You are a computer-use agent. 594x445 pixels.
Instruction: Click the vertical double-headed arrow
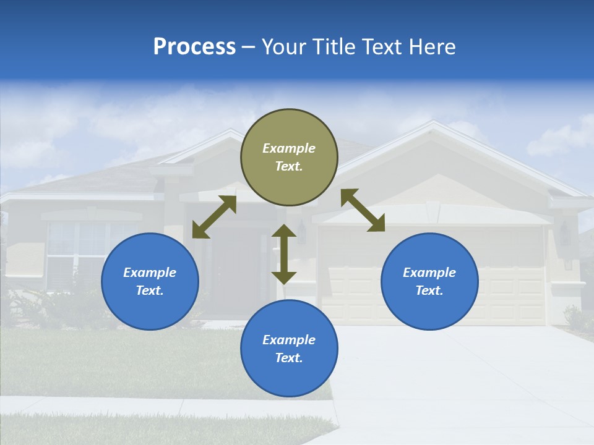point(284,254)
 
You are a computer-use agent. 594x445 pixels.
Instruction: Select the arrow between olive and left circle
point(214,217)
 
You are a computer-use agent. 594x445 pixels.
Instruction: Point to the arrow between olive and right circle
point(363,210)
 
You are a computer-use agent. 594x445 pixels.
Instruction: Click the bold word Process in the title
point(194,47)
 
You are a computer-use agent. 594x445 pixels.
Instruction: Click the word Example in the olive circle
point(289,148)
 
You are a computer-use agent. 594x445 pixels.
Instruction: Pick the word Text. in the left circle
point(150,290)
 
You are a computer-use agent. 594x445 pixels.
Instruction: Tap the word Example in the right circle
point(429,273)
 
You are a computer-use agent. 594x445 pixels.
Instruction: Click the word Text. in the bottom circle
point(289,358)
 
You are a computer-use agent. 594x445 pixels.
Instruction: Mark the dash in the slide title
point(249,47)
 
